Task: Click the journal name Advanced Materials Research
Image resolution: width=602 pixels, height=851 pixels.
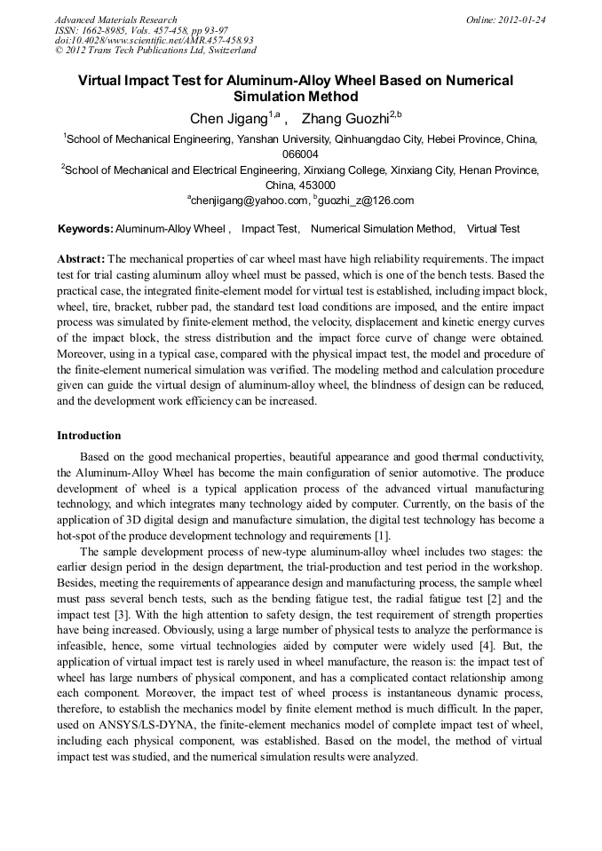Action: coord(115,20)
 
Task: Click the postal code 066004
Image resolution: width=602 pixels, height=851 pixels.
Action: coord(300,154)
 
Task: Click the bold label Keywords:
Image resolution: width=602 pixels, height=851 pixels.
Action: coord(85,229)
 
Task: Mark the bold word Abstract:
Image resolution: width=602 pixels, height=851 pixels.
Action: coord(81,259)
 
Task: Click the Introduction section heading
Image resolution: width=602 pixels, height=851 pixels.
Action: coord(89,436)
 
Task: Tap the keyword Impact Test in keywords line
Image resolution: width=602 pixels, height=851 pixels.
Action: coord(270,229)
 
